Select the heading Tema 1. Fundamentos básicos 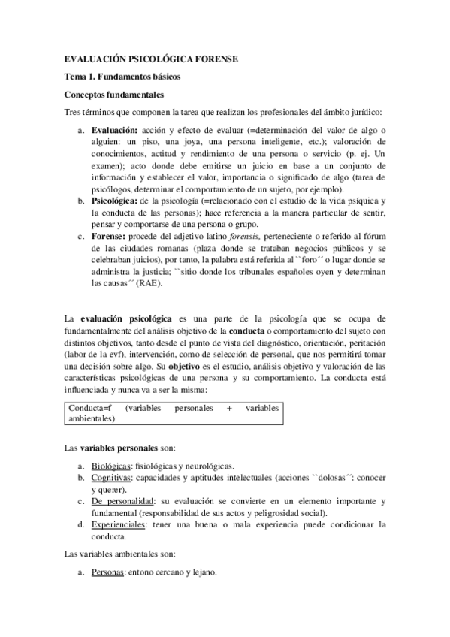click(122, 77)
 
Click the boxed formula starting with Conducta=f click(173, 413)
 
